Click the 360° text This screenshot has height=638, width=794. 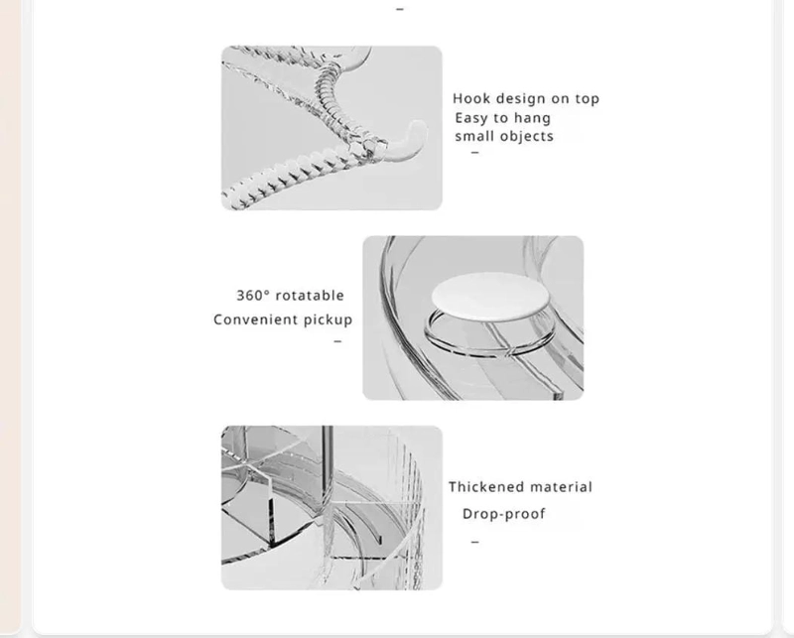[253, 296]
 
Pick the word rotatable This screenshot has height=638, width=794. [310, 296]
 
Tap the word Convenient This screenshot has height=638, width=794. [255, 319]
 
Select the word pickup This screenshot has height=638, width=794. [328, 320]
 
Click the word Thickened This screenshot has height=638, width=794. [486, 486]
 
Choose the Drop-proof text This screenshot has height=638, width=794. [504, 514]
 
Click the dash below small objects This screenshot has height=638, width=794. [474, 153]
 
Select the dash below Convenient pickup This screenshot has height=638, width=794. [337, 341]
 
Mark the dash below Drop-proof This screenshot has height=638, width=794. [474, 542]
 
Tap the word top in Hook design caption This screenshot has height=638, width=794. [587, 99]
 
